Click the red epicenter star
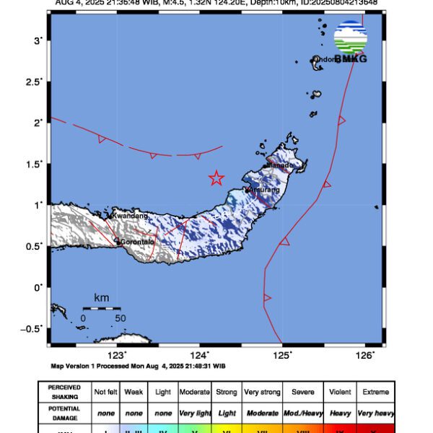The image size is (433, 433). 216,178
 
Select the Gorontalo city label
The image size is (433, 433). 137,242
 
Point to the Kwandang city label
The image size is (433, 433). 130,215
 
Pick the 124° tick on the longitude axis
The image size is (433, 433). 200,354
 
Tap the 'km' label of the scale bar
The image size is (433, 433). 102,297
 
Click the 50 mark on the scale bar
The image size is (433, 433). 120,317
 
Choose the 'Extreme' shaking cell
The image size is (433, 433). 375,392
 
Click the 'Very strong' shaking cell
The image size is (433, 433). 262,392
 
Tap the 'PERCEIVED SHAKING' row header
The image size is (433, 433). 64,392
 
